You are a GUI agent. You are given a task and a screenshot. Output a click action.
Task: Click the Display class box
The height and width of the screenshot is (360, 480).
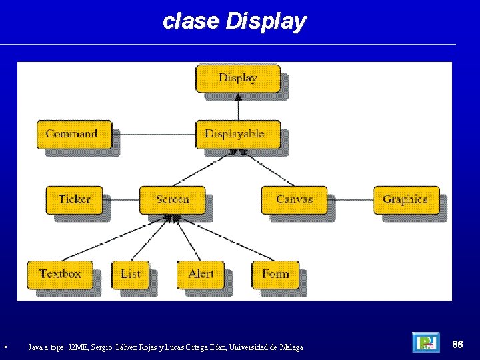pyautogui.click(x=238, y=78)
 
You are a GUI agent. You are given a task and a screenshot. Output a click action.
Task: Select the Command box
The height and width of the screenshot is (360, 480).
pyautogui.click(x=73, y=134)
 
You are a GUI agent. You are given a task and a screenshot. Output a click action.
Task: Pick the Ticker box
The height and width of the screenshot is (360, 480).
pyautogui.click(x=74, y=199)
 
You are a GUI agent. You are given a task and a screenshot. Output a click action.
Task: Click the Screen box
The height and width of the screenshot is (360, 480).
pyautogui.click(x=172, y=199)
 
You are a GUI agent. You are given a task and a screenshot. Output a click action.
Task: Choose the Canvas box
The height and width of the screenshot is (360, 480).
pyautogui.click(x=293, y=199)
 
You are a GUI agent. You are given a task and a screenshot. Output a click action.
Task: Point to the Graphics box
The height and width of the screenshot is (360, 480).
pyautogui.click(x=405, y=199)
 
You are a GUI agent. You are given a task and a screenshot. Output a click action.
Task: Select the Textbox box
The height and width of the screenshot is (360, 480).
pyautogui.click(x=59, y=274)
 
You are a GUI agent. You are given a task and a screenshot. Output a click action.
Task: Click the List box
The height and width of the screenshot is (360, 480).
pyautogui.click(x=131, y=274)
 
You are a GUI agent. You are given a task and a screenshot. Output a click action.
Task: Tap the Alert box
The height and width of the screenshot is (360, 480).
pyautogui.click(x=201, y=274)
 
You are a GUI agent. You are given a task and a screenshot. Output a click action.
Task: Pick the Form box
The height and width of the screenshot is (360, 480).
pyautogui.click(x=275, y=274)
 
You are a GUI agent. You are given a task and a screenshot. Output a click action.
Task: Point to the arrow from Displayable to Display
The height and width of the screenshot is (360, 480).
pyautogui.click(x=238, y=107)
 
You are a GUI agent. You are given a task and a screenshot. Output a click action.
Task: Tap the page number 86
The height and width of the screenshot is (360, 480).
pyautogui.click(x=457, y=344)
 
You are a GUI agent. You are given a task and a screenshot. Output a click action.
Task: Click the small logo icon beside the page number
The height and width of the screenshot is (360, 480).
pyautogui.click(x=425, y=343)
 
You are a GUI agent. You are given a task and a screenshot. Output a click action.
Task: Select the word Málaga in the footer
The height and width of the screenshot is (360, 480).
pyautogui.click(x=291, y=347)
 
